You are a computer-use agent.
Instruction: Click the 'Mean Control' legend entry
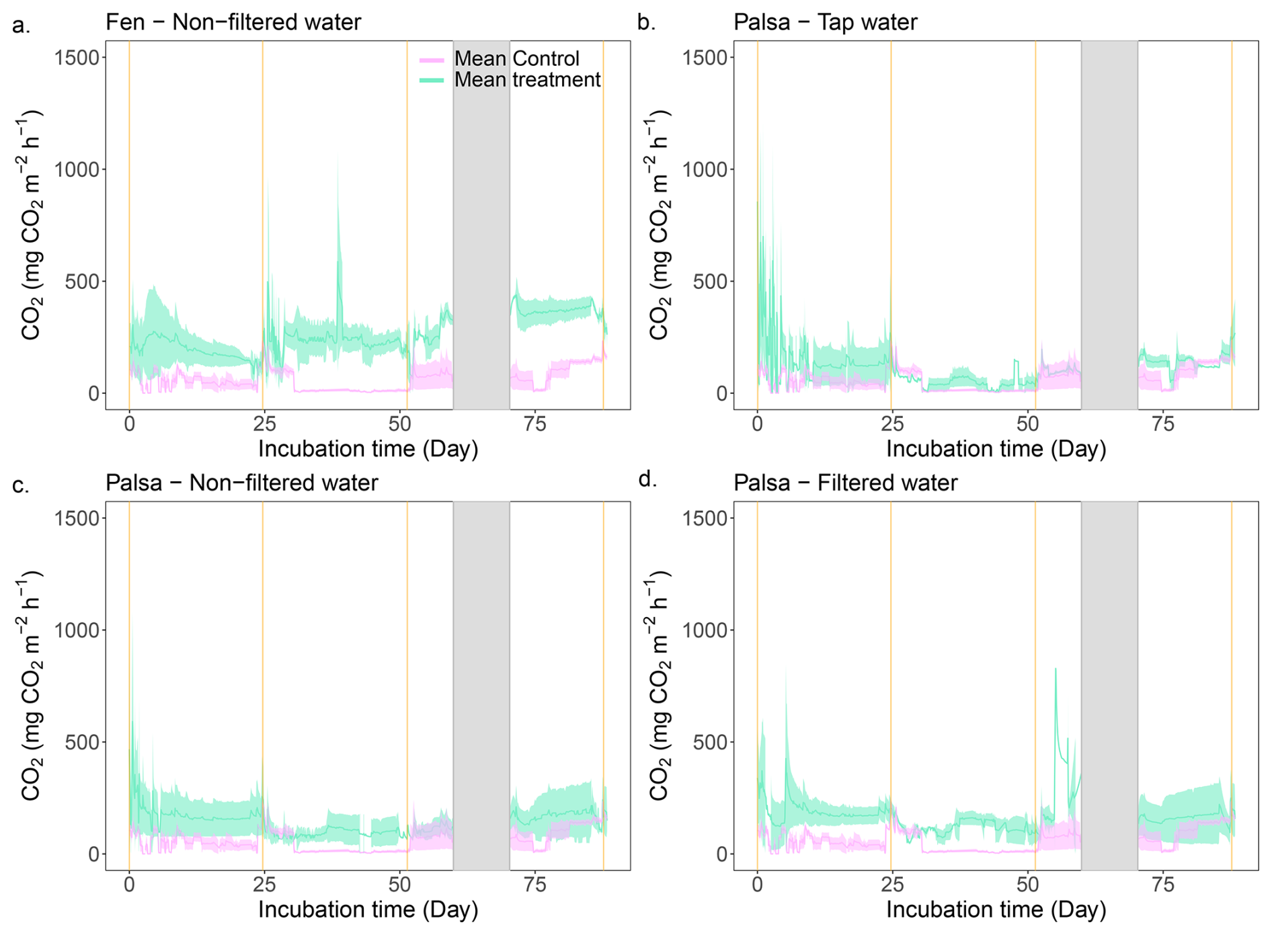point(516,59)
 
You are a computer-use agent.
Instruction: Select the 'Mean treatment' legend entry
point(526,80)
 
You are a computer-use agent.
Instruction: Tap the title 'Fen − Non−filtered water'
point(233,22)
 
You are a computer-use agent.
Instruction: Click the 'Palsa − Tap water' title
point(825,22)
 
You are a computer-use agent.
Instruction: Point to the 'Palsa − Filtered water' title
point(845,483)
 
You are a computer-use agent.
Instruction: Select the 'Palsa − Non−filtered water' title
point(242,483)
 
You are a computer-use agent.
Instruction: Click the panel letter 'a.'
point(22,26)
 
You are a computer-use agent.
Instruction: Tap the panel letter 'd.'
point(647,480)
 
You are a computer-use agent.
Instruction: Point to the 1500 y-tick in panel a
point(76,58)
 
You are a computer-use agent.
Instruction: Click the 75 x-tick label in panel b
point(1163,424)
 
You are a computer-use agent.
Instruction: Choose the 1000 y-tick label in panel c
point(76,631)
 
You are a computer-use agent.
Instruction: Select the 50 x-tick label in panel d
point(1027,885)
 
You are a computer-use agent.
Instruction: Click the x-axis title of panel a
point(368,449)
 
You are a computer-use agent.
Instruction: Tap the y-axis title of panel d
point(659,686)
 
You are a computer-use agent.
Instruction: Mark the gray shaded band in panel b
point(1109,225)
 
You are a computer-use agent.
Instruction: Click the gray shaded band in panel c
point(481,686)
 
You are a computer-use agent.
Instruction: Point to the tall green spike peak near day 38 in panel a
point(337,161)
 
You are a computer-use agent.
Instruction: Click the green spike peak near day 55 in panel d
point(1056,668)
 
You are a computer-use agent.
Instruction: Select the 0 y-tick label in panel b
point(721,394)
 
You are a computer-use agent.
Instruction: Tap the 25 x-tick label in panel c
point(264,885)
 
